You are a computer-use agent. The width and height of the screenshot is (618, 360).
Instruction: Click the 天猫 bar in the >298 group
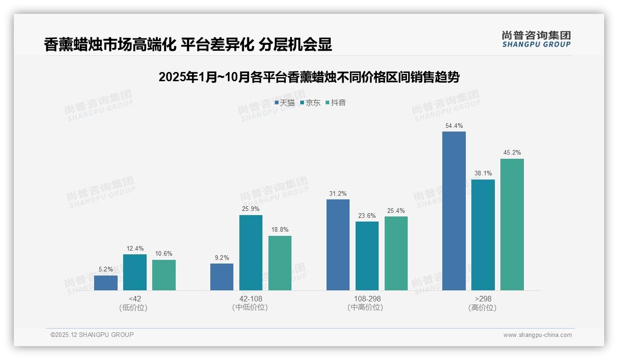454,211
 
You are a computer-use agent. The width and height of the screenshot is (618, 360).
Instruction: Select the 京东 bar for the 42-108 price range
251,252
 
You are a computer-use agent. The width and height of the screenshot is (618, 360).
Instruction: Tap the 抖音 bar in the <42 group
164,275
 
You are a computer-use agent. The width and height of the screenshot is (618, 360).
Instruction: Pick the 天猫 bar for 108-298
338,245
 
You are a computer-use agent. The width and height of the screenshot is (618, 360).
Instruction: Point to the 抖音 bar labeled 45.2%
512,224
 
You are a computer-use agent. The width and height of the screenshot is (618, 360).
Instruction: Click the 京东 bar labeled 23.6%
367,256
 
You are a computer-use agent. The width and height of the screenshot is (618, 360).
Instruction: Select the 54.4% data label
454,126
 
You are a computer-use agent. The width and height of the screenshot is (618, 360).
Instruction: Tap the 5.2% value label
106,270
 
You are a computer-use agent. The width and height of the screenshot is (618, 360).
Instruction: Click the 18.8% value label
280,230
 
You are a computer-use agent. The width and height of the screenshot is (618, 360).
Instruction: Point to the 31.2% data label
338,193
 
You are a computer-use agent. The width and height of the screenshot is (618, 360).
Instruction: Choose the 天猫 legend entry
285,103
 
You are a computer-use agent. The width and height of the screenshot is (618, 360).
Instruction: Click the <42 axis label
135,299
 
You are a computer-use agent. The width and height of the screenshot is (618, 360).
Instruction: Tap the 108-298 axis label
367,299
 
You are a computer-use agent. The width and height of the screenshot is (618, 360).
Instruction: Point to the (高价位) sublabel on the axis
483,308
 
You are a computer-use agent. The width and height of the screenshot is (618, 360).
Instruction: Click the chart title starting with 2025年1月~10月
309,77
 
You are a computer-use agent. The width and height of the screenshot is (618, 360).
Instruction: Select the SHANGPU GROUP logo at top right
536,39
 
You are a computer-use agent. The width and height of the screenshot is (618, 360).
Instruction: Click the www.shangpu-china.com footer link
537,335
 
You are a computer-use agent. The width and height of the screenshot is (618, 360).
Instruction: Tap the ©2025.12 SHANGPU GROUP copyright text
92,335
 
